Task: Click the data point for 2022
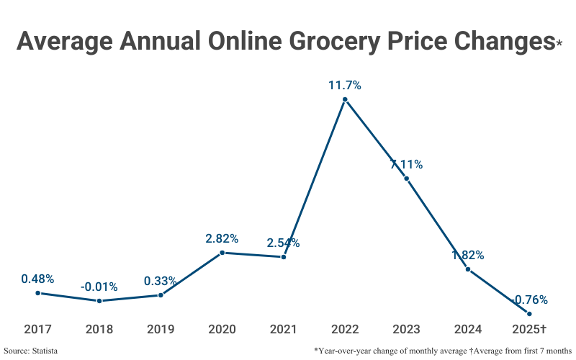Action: click(x=345, y=100)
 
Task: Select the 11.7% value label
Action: click(x=345, y=85)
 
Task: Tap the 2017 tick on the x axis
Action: click(x=37, y=329)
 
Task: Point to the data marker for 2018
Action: click(x=99, y=301)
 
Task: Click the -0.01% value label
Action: click(x=99, y=287)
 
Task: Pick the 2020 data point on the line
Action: click(x=222, y=253)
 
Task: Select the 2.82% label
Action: click(x=222, y=238)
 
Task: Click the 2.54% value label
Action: click(x=283, y=243)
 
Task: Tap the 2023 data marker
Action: click(x=407, y=179)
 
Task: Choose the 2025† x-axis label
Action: click(x=529, y=329)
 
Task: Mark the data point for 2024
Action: click(x=468, y=269)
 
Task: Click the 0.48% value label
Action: click(x=37, y=279)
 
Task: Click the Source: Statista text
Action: click(x=30, y=350)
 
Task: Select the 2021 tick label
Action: click(x=284, y=329)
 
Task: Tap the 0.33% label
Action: click(x=161, y=281)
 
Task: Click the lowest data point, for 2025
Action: click(x=529, y=313)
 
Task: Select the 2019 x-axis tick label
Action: click(x=161, y=329)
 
